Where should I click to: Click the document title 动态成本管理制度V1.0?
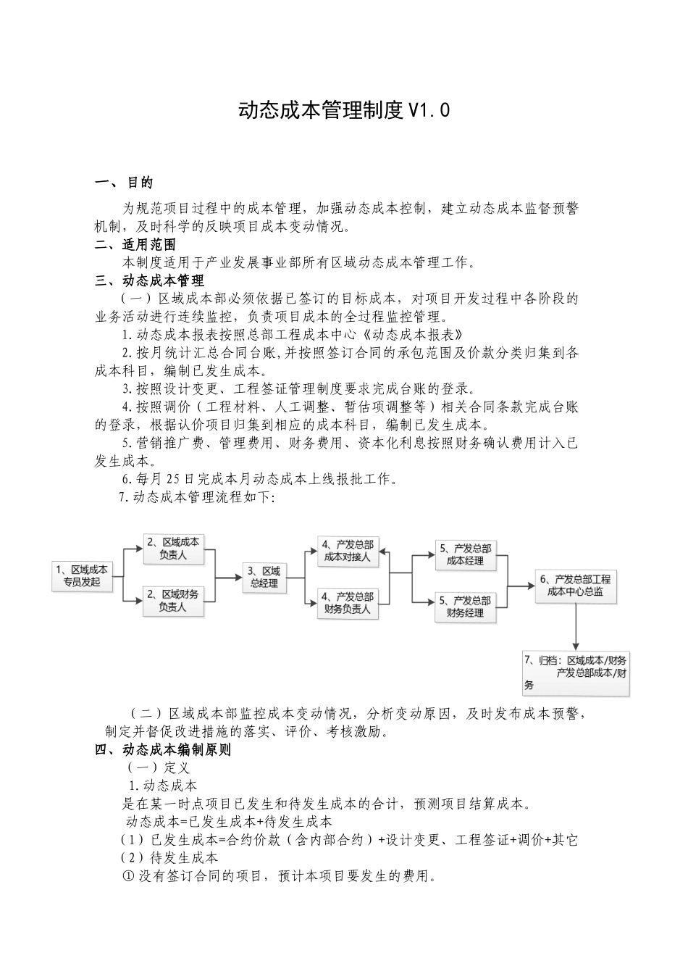344,110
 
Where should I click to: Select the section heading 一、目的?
124,183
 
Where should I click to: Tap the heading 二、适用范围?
135,245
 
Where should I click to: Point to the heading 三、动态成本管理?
150,280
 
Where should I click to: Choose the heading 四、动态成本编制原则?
163,750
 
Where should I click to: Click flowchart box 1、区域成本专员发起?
83,576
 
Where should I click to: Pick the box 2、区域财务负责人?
172,601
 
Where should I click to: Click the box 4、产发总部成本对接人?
348,551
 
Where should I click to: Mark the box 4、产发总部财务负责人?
348,603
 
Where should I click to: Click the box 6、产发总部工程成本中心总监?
576,586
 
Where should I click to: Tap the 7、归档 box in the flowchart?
576,673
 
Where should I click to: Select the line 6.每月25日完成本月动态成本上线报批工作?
259,478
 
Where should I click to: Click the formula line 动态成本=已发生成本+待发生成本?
229,822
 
